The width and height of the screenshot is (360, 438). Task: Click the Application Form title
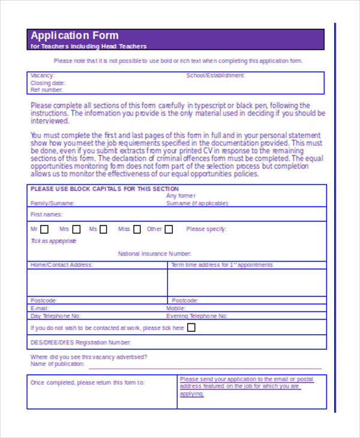74,35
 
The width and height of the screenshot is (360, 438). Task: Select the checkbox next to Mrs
75,229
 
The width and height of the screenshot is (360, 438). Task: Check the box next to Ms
103,229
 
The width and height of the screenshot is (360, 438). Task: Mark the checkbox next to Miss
137,229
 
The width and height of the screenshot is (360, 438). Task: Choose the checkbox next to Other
169,229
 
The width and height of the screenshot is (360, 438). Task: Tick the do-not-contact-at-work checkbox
191,328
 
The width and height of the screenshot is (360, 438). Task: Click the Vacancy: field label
42,76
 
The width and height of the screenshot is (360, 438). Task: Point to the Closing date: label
48,83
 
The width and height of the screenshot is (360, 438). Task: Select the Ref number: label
46,90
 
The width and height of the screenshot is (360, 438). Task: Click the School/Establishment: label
215,76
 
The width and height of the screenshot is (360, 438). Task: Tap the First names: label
46,214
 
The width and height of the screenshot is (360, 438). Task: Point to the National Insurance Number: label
154,254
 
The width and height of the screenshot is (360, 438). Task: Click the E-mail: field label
39,308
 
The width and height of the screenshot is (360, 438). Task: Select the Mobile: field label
176,308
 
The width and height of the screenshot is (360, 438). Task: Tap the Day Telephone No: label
55,316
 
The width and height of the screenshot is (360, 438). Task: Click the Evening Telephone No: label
197,316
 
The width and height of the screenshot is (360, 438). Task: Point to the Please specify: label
206,229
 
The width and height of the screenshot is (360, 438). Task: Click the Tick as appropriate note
53,241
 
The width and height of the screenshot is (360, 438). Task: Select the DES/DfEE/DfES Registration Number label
80,343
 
